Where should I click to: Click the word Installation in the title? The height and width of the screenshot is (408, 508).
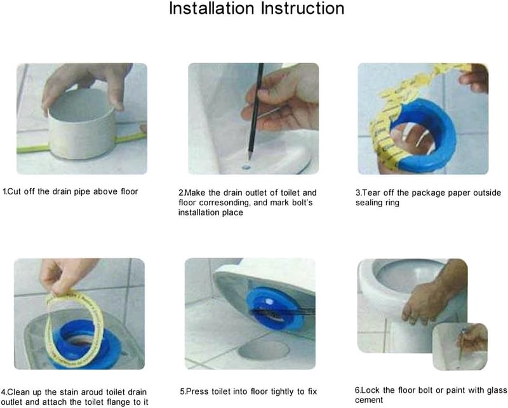[x=211, y=8]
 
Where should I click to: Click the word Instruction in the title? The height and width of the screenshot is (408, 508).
[x=303, y=8]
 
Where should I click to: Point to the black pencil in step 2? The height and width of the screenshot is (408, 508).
[x=255, y=111]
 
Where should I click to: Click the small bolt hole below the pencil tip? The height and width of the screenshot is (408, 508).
[x=246, y=167]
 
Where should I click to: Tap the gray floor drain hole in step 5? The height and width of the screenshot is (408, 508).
[x=264, y=350]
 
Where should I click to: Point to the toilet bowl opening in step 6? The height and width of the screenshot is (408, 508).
[x=409, y=275]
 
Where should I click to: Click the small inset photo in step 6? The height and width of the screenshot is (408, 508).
[x=460, y=346]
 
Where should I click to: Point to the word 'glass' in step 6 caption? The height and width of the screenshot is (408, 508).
[x=496, y=390]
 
